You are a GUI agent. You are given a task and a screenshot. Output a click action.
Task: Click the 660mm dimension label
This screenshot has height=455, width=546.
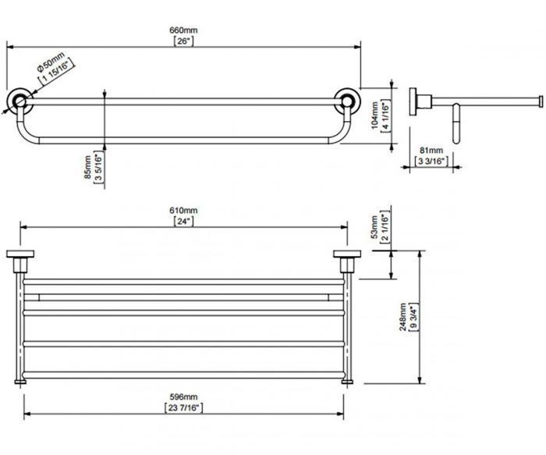183,30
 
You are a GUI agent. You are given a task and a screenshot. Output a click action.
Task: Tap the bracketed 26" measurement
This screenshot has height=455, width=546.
183,41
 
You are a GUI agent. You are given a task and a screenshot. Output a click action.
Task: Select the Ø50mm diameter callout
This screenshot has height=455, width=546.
51,62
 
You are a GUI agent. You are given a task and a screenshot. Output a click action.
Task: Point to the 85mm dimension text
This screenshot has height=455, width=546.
87,167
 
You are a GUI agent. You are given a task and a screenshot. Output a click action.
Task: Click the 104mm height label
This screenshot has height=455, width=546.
374,116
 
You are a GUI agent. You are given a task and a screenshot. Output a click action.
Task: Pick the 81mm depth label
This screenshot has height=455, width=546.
431,151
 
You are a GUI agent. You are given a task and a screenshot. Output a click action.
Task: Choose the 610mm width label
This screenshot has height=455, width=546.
183,211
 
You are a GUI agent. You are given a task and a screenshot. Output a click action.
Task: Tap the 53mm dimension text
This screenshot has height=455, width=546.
374,227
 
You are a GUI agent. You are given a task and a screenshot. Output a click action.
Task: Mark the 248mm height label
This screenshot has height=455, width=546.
402,317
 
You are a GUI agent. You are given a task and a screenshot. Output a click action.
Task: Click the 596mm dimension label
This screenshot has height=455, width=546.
183,396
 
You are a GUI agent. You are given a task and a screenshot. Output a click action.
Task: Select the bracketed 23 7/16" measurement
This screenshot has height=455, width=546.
183,407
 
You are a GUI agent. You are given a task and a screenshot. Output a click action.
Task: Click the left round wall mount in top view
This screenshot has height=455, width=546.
19,101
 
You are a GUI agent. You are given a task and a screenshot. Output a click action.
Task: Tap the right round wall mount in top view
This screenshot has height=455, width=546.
347,101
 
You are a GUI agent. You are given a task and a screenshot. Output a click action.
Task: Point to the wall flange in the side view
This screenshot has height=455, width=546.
413,101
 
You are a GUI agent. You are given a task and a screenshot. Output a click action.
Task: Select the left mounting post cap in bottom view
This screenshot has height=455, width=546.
20,254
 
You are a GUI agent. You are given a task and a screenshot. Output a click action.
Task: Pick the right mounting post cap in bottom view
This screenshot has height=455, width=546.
347,254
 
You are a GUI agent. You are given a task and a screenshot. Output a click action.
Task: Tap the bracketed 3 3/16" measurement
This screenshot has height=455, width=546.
431,161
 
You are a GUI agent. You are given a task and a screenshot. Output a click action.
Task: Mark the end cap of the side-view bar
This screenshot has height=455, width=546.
541,101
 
